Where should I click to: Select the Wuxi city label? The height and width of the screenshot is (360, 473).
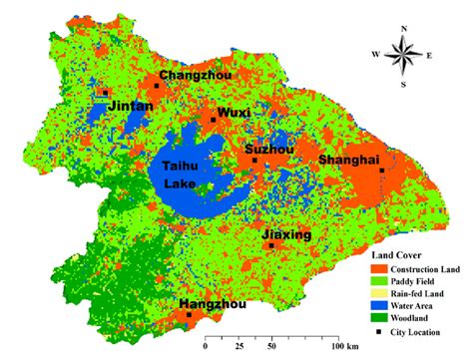point(234,112)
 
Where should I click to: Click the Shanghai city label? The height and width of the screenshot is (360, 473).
point(347,160)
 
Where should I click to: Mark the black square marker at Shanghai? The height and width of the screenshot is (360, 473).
point(382,171)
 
